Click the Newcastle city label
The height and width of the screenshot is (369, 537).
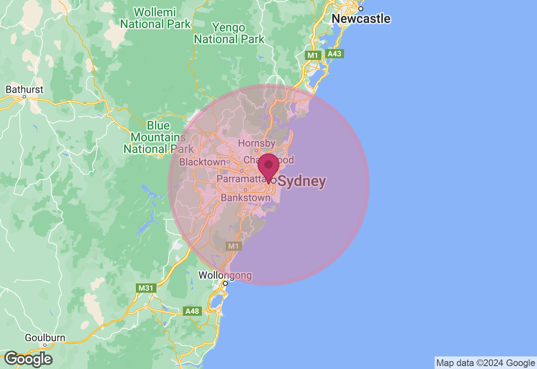[x=361, y=19]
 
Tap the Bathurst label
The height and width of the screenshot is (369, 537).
[x=24, y=89]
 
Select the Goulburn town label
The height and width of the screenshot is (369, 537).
[x=45, y=338]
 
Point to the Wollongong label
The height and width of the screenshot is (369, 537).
[x=225, y=275]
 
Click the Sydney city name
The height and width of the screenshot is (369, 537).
[x=302, y=181]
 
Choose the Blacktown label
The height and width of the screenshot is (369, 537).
[x=203, y=162]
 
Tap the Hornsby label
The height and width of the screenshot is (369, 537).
[x=256, y=143]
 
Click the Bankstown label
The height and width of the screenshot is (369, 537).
[x=245, y=197]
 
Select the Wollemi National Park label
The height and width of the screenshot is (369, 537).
[x=156, y=18]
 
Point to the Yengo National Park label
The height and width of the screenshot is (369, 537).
[x=229, y=34]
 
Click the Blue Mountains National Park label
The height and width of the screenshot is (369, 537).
[x=158, y=137]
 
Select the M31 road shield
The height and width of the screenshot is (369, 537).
[x=146, y=288]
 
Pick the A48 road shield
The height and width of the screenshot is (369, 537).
[x=193, y=311]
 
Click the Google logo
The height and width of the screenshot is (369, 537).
[x=29, y=359]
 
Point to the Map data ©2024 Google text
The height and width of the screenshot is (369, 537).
[x=485, y=363]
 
